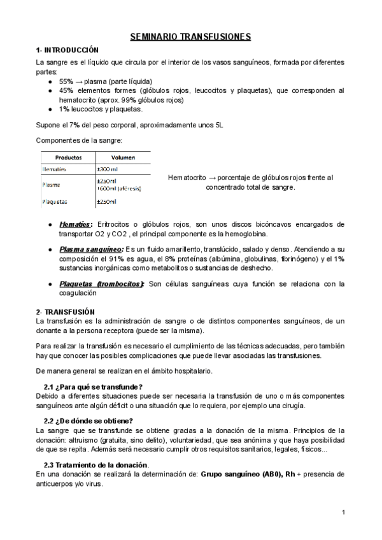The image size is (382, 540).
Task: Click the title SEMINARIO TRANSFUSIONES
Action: click(x=190, y=37)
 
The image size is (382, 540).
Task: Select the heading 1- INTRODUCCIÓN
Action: click(x=67, y=50)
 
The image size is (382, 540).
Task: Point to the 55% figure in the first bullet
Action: click(x=66, y=82)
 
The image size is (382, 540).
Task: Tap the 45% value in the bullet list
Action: click(x=66, y=90)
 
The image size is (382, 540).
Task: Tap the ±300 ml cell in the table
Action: click(x=108, y=169)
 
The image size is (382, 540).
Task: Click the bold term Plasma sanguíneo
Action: click(x=91, y=250)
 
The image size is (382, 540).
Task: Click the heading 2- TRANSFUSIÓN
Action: click(x=66, y=311)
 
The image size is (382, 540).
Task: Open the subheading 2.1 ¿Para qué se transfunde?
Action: click(x=93, y=387)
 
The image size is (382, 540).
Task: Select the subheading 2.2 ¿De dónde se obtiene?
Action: click(x=88, y=421)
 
